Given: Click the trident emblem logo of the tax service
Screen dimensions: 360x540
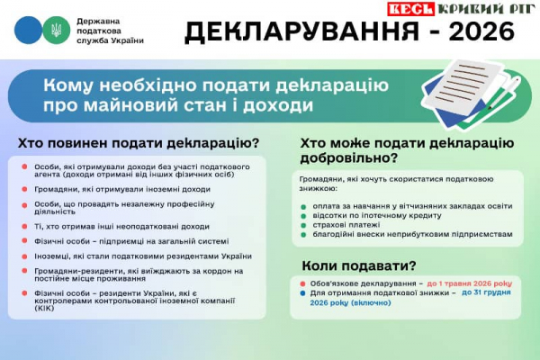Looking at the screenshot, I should pyautogui.click(x=55, y=30).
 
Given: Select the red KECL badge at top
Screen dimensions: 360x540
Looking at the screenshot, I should pyautogui.click(x=411, y=9).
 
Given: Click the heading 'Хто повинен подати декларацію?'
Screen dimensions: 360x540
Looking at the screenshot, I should pyautogui.click(x=139, y=143).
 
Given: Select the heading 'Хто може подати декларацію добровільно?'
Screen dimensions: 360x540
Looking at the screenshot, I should pyautogui.click(x=407, y=150).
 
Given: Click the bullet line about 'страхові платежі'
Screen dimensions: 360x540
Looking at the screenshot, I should pyautogui.click(x=346, y=223).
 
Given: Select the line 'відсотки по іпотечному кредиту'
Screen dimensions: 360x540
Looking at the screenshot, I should pyautogui.click(x=377, y=214).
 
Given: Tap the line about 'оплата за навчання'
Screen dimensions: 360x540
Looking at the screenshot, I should pyautogui.click(x=400, y=205).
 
